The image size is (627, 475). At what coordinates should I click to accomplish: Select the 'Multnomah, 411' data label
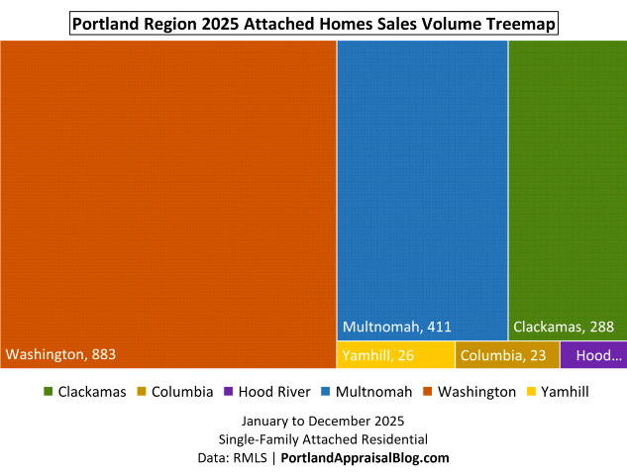tap(395, 327)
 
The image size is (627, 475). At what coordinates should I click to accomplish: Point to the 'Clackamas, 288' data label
tap(564, 327)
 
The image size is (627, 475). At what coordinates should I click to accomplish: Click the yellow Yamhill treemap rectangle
tap(395, 355)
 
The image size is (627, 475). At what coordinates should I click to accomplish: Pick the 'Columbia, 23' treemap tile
tap(507, 355)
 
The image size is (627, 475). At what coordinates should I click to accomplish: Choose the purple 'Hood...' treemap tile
tap(592, 355)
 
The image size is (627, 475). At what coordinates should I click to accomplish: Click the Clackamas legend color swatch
tap(48, 392)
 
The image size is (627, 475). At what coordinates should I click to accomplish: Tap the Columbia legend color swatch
tap(142, 392)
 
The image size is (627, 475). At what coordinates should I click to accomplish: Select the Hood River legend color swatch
tap(228, 392)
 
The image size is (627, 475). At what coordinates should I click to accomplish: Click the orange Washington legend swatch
tap(428, 392)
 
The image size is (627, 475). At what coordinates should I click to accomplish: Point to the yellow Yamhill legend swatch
tap(531, 392)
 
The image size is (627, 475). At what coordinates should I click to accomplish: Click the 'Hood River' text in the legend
tap(273, 392)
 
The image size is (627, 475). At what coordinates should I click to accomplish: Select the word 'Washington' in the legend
tap(476, 392)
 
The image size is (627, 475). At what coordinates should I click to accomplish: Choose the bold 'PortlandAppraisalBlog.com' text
tap(366, 457)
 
